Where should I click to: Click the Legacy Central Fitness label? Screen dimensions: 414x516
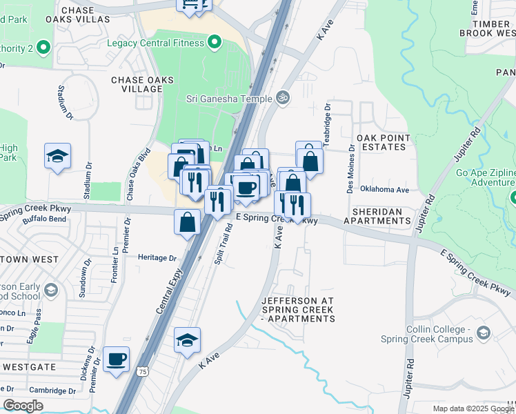[155, 43]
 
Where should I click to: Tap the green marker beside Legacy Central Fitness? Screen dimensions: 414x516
[214, 43]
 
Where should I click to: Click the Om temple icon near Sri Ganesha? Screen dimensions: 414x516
[281, 97]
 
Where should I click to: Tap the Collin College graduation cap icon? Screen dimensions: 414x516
[484, 335]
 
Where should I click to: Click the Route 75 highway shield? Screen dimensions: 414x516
[142, 371]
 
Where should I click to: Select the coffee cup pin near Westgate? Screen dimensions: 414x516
[117, 359]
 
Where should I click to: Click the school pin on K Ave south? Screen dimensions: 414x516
[187, 340]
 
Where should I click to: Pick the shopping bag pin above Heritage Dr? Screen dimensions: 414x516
[187, 222]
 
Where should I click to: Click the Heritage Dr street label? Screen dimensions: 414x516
[157, 258]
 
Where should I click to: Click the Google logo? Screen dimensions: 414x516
[23, 406]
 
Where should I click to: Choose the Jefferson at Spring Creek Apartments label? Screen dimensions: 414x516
[298, 310]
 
